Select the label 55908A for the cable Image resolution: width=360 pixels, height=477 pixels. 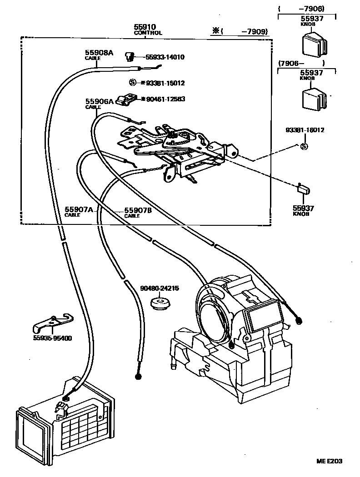pyautogui.click(x=99, y=53)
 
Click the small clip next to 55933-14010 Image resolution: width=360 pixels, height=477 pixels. pyautogui.click(x=130, y=56)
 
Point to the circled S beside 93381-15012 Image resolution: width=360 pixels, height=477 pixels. pyautogui.click(x=132, y=83)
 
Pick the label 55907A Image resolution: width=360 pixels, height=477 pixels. pyautogui.click(x=78, y=209)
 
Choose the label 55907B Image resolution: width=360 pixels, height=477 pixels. pyautogui.click(x=138, y=210)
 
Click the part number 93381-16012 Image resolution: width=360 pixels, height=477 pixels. pyautogui.click(x=305, y=130)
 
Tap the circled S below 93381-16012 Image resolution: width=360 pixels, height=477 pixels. pyautogui.click(x=304, y=146)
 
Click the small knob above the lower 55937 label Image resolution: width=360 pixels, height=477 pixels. pyautogui.click(x=304, y=189)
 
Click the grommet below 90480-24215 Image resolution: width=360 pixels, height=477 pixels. pyautogui.click(x=160, y=303)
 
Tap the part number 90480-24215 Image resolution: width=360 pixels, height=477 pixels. pyautogui.click(x=159, y=288)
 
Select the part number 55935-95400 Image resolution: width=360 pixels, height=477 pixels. pyautogui.click(x=52, y=338)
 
